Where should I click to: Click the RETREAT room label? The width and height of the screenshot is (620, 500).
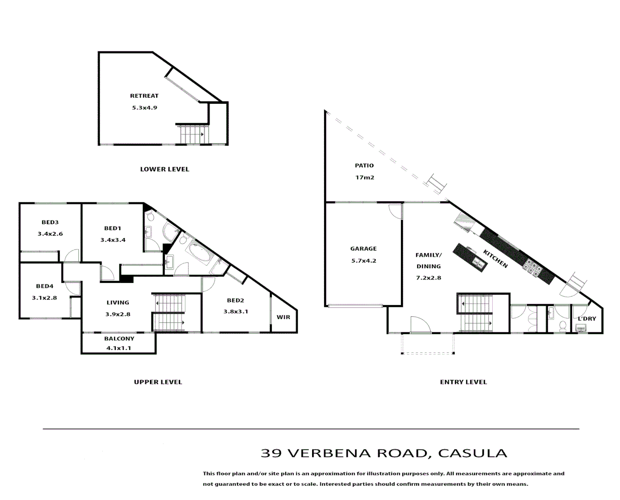(x=144, y=96)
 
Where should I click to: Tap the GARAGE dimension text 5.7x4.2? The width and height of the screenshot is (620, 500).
(x=363, y=261)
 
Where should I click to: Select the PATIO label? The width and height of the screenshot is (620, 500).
(x=364, y=165)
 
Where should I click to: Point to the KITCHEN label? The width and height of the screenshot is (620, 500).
(x=495, y=259)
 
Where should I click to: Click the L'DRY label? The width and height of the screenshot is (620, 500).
(x=587, y=319)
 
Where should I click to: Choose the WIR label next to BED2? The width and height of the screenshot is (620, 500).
(x=283, y=317)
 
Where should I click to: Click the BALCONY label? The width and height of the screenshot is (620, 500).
(x=119, y=338)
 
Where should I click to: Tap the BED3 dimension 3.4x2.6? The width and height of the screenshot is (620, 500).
(x=50, y=234)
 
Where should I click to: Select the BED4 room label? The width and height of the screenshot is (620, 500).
(x=44, y=286)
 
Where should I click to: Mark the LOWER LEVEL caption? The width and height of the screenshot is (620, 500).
(x=164, y=169)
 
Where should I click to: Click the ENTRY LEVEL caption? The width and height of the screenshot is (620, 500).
(x=463, y=382)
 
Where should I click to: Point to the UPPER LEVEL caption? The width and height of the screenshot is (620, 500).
(x=158, y=382)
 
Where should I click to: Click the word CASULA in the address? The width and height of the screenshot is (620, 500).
(x=472, y=453)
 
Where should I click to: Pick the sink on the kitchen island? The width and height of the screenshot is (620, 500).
(x=478, y=263)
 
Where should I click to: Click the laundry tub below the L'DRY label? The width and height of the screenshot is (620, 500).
(x=580, y=328)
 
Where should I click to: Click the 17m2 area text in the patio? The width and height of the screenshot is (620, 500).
(x=364, y=177)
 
